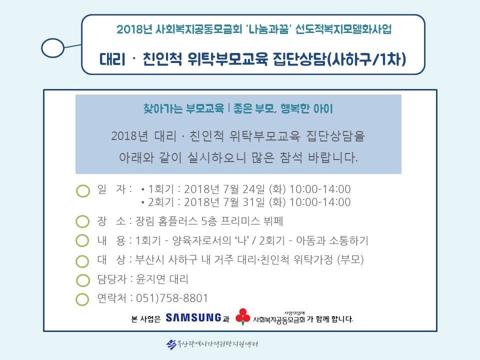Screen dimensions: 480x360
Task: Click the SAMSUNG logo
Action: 193,317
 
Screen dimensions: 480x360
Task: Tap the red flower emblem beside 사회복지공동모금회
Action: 243,316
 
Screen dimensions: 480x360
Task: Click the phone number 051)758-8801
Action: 171,298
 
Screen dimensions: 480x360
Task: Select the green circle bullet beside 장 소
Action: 82,221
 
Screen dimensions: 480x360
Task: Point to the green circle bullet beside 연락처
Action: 82,299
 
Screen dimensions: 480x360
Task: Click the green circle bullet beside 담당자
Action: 82,280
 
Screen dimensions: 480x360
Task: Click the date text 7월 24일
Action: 244,189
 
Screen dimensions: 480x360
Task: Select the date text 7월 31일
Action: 244,202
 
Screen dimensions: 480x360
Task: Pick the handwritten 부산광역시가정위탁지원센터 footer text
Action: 212,344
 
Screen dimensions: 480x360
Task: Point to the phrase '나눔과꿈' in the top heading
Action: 268,29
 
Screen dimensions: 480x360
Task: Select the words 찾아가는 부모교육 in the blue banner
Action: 183,108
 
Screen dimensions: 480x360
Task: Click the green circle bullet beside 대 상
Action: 82,261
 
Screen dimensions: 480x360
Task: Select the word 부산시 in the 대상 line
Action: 150,259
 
